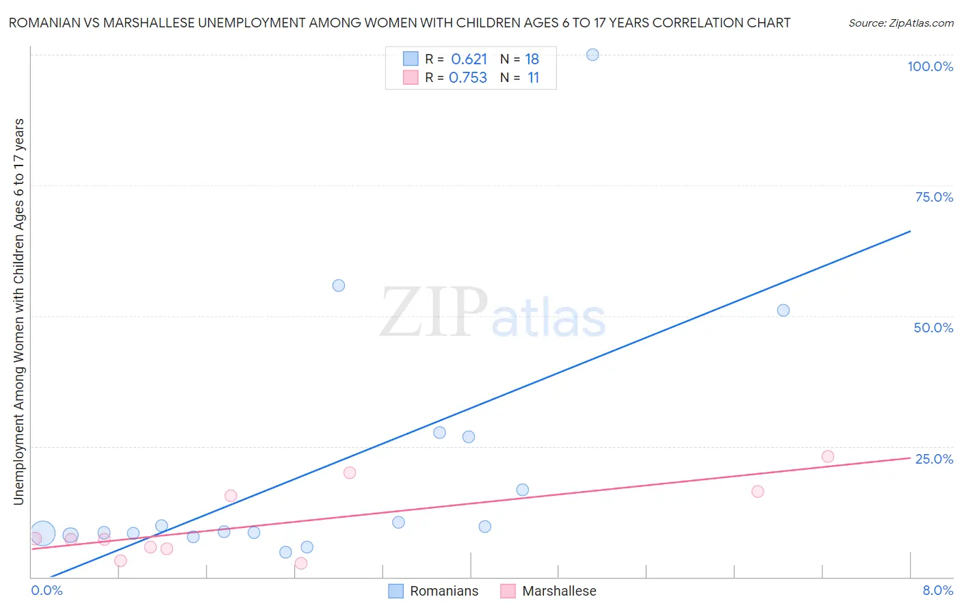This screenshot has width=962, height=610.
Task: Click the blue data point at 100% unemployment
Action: (593, 55)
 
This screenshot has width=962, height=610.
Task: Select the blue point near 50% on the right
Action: (783, 310)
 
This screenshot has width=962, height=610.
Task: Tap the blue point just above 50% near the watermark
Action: (339, 286)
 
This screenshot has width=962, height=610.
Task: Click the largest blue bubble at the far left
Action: (42, 533)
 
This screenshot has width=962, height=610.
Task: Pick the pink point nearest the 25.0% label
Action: (828, 457)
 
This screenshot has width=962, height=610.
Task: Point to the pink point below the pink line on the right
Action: (757, 492)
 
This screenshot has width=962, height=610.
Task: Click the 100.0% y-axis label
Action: (930, 66)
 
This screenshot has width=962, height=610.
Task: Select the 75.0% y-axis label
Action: (934, 197)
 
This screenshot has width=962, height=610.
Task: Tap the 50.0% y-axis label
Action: (933, 328)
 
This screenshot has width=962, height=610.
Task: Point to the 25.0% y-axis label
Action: (934, 459)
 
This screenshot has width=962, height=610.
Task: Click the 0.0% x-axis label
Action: (47, 590)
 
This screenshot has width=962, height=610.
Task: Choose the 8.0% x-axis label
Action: (937, 590)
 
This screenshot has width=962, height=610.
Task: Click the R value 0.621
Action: (469, 59)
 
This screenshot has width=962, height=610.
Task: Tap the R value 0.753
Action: (468, 78)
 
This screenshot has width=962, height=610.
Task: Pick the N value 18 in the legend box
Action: (532, 59)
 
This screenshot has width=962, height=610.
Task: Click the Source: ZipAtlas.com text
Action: (900, 23)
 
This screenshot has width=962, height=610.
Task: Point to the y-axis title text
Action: (18, 312)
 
